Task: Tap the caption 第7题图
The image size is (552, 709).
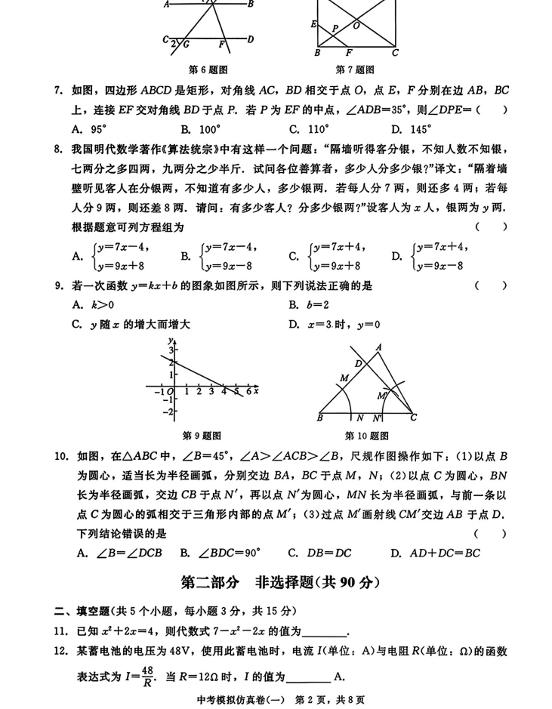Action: (355, 70)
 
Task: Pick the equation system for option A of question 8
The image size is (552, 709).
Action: (109, 256)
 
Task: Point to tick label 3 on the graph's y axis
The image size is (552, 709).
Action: (171, 351)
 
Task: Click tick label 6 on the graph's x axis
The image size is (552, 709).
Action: (248, 392)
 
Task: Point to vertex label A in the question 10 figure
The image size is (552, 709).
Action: (378, 347)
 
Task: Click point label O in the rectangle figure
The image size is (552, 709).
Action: (356, 26)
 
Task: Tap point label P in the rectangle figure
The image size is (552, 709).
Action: (335, 28)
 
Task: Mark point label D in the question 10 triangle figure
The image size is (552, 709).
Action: (359, 364)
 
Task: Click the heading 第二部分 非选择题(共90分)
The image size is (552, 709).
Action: (276, 582)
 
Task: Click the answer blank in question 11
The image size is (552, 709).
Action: (325, 632)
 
